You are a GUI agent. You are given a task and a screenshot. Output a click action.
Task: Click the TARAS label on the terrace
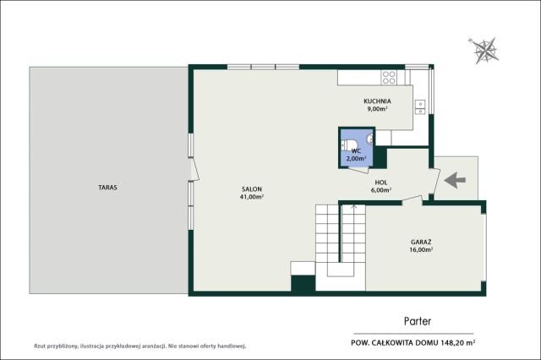[107, 188]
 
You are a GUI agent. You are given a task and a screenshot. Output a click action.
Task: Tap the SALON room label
[252, 189]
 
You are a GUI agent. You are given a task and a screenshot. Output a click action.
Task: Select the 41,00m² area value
[252, 197]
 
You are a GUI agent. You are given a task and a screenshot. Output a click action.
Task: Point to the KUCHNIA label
[377, 101]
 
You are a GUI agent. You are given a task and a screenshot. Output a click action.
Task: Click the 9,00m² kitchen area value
[377, 109]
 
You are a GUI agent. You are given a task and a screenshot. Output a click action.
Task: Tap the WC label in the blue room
[356, 151]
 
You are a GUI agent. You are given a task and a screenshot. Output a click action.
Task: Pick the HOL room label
[381, 183]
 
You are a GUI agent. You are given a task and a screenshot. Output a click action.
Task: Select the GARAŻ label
[421, 242]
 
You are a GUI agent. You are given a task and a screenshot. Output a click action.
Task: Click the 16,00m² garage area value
[421, 250]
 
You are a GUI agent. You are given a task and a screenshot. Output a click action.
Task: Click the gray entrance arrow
[455, 180]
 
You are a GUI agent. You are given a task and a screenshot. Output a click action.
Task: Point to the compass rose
[484, 51]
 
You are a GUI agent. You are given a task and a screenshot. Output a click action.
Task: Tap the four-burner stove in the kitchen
[389, 78]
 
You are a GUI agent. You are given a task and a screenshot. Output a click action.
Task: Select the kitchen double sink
[420, 106]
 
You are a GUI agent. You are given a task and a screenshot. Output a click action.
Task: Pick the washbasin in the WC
[370, 139]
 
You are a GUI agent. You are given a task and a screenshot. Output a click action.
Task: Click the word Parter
[418, 321]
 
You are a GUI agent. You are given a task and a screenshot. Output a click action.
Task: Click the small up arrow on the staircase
[353, 207]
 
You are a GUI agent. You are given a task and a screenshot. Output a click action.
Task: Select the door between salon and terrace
[195, 169]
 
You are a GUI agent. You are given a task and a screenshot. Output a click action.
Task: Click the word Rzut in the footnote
[40, 346]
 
